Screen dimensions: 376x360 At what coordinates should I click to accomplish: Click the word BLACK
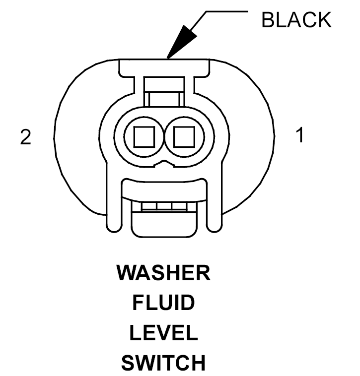(296, 20)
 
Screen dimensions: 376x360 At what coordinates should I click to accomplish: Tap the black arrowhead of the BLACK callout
(178, 45)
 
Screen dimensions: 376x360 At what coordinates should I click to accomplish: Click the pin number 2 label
(25, 137)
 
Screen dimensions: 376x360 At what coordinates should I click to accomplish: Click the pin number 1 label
(299, 135)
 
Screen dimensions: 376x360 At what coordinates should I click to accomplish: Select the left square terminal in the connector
(144, 136)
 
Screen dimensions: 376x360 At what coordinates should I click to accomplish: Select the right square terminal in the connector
(184, 136)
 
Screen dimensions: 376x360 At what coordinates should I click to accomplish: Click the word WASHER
(163, 273)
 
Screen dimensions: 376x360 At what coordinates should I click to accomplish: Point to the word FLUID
(163, 303)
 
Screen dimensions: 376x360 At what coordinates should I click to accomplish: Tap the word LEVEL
(163, 333)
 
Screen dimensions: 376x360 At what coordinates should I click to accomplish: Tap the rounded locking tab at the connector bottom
(164, 225)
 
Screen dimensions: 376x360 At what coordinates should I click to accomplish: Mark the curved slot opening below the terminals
(164, 191)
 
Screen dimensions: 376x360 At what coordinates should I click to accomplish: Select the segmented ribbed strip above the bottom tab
(164, 206)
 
